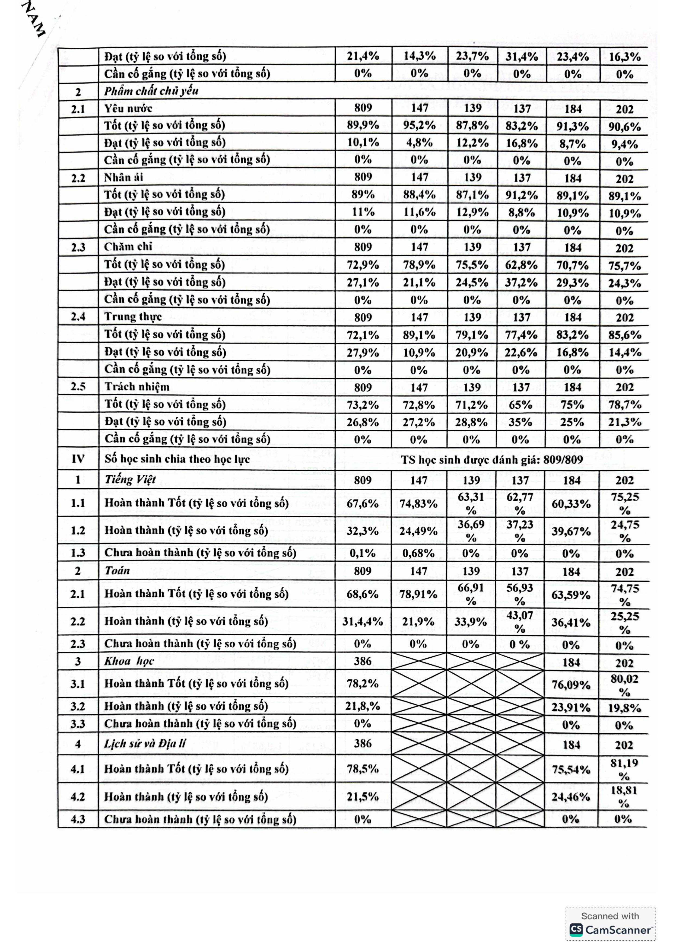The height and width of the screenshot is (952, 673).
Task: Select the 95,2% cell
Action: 419,125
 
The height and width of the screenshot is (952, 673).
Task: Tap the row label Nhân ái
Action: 123,177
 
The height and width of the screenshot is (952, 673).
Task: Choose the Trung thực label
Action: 133,317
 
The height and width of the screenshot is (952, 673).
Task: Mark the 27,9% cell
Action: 363,352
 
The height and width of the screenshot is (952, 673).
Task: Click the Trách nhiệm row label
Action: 137,387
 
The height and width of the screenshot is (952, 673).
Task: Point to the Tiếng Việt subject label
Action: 130,480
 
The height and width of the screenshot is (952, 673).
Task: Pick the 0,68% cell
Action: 418,553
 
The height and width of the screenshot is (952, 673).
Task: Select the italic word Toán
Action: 117,571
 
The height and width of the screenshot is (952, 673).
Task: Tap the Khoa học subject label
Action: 129,661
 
